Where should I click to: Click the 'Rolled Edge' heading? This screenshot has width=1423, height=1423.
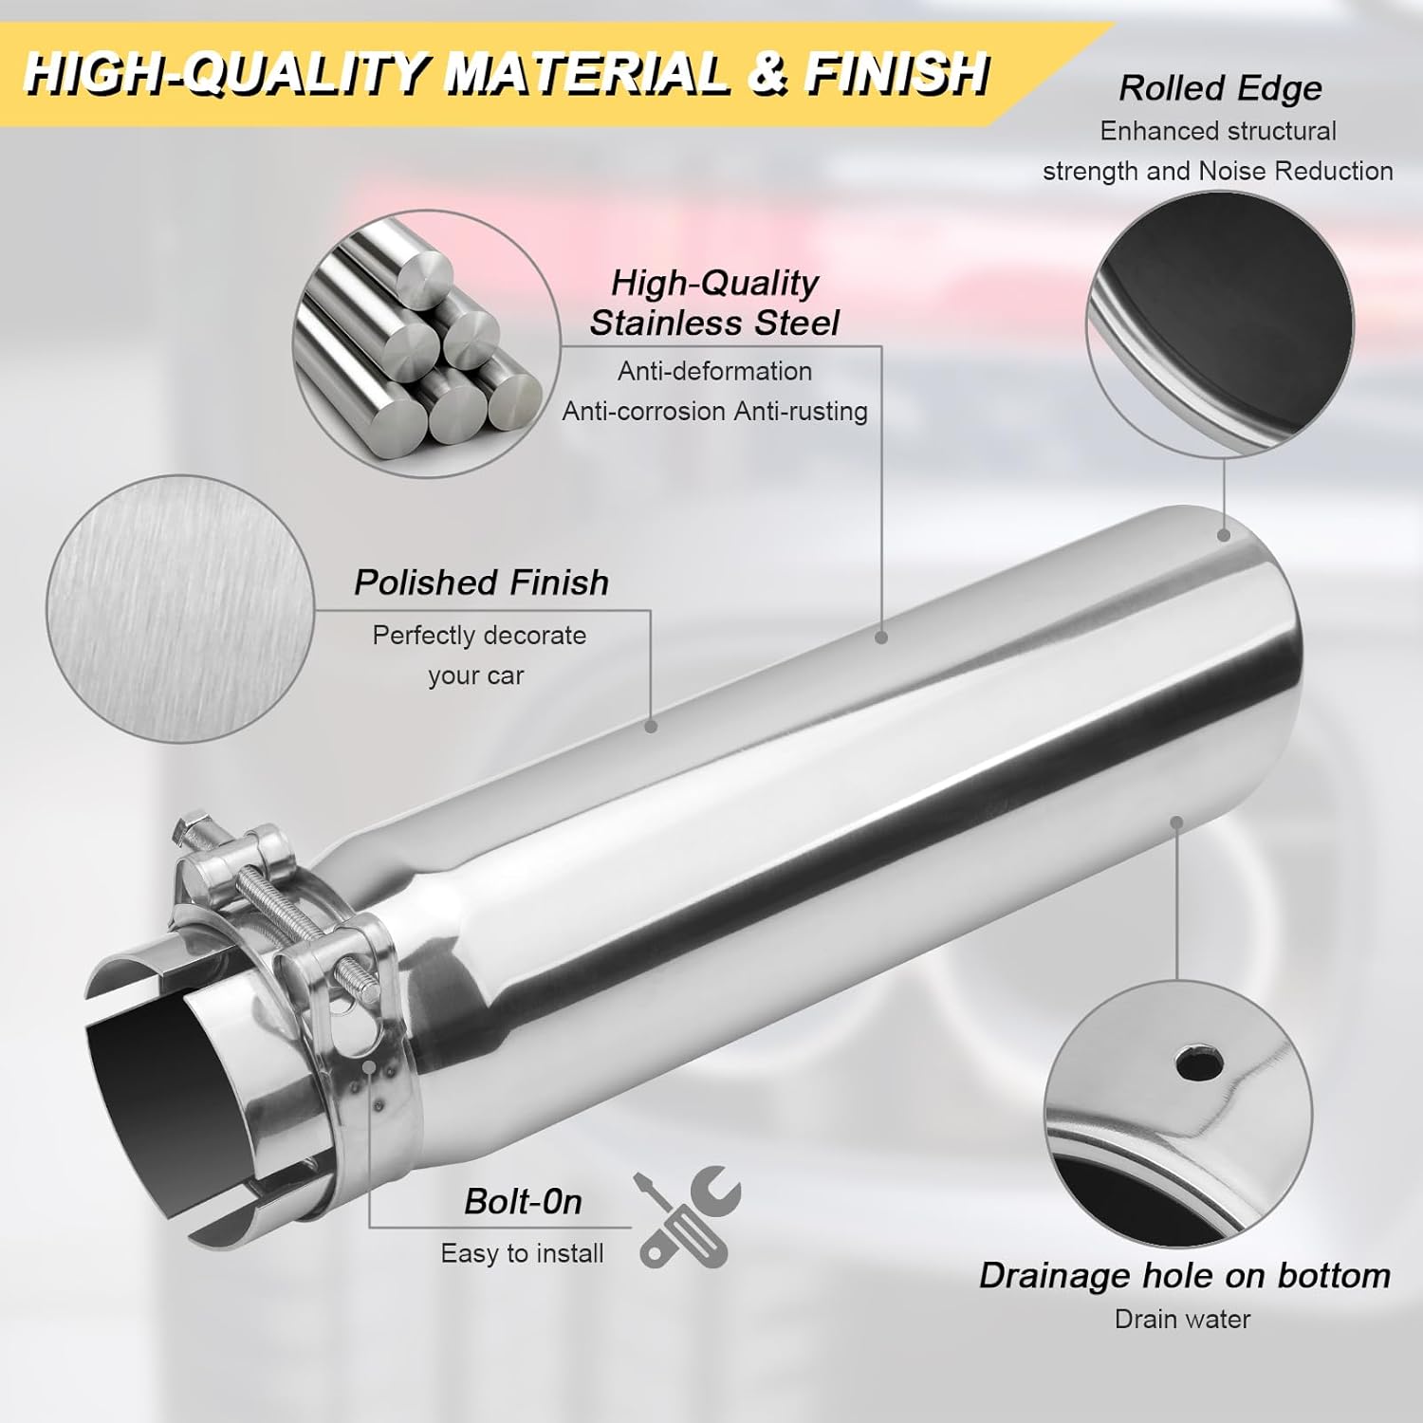[x=1220, y=88]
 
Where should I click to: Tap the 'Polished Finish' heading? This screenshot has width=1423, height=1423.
[x=481, y=582]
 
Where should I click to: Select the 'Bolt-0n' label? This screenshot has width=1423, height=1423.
[x=523, y=1202]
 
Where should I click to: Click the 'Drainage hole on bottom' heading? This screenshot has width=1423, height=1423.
[x=1185, y=1275]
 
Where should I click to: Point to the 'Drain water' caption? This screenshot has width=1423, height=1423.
[x=1182, y=1319]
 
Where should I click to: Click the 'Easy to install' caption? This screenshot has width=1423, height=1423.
[x=522, y=1253]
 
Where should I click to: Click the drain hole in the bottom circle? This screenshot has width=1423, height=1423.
[x=1198, y=1063]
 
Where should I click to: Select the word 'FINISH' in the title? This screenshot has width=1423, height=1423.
[x=896, y=73]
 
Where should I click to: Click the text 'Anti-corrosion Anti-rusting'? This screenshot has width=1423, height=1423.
[x=714, y=411]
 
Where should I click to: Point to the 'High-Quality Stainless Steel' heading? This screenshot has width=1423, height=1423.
[x=714, y=303]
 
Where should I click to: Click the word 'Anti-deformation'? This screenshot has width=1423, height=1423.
[x=714, y=371]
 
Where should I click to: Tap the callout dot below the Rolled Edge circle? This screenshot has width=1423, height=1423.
[x=1224, y=536]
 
